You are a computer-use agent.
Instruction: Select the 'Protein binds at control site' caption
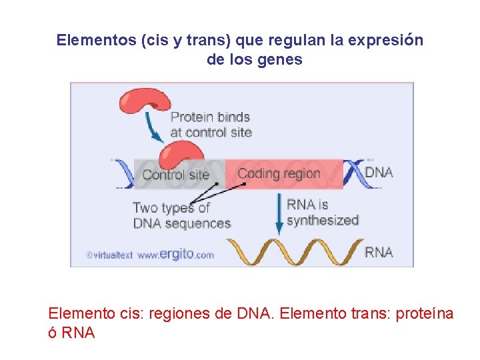click(211, 125)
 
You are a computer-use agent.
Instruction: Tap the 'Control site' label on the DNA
click(176, 175)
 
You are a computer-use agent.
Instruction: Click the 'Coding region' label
click(279, 174)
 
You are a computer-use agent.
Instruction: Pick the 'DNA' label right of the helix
click(379, 172)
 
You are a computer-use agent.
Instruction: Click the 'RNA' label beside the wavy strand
click(379, 252)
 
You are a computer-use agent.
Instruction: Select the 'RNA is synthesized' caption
click(322, 212)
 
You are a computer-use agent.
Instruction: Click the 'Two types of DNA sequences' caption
click(181, 215)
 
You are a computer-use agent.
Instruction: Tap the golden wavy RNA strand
click(293, 251)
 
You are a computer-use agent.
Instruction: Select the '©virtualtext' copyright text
click(109, 255)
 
